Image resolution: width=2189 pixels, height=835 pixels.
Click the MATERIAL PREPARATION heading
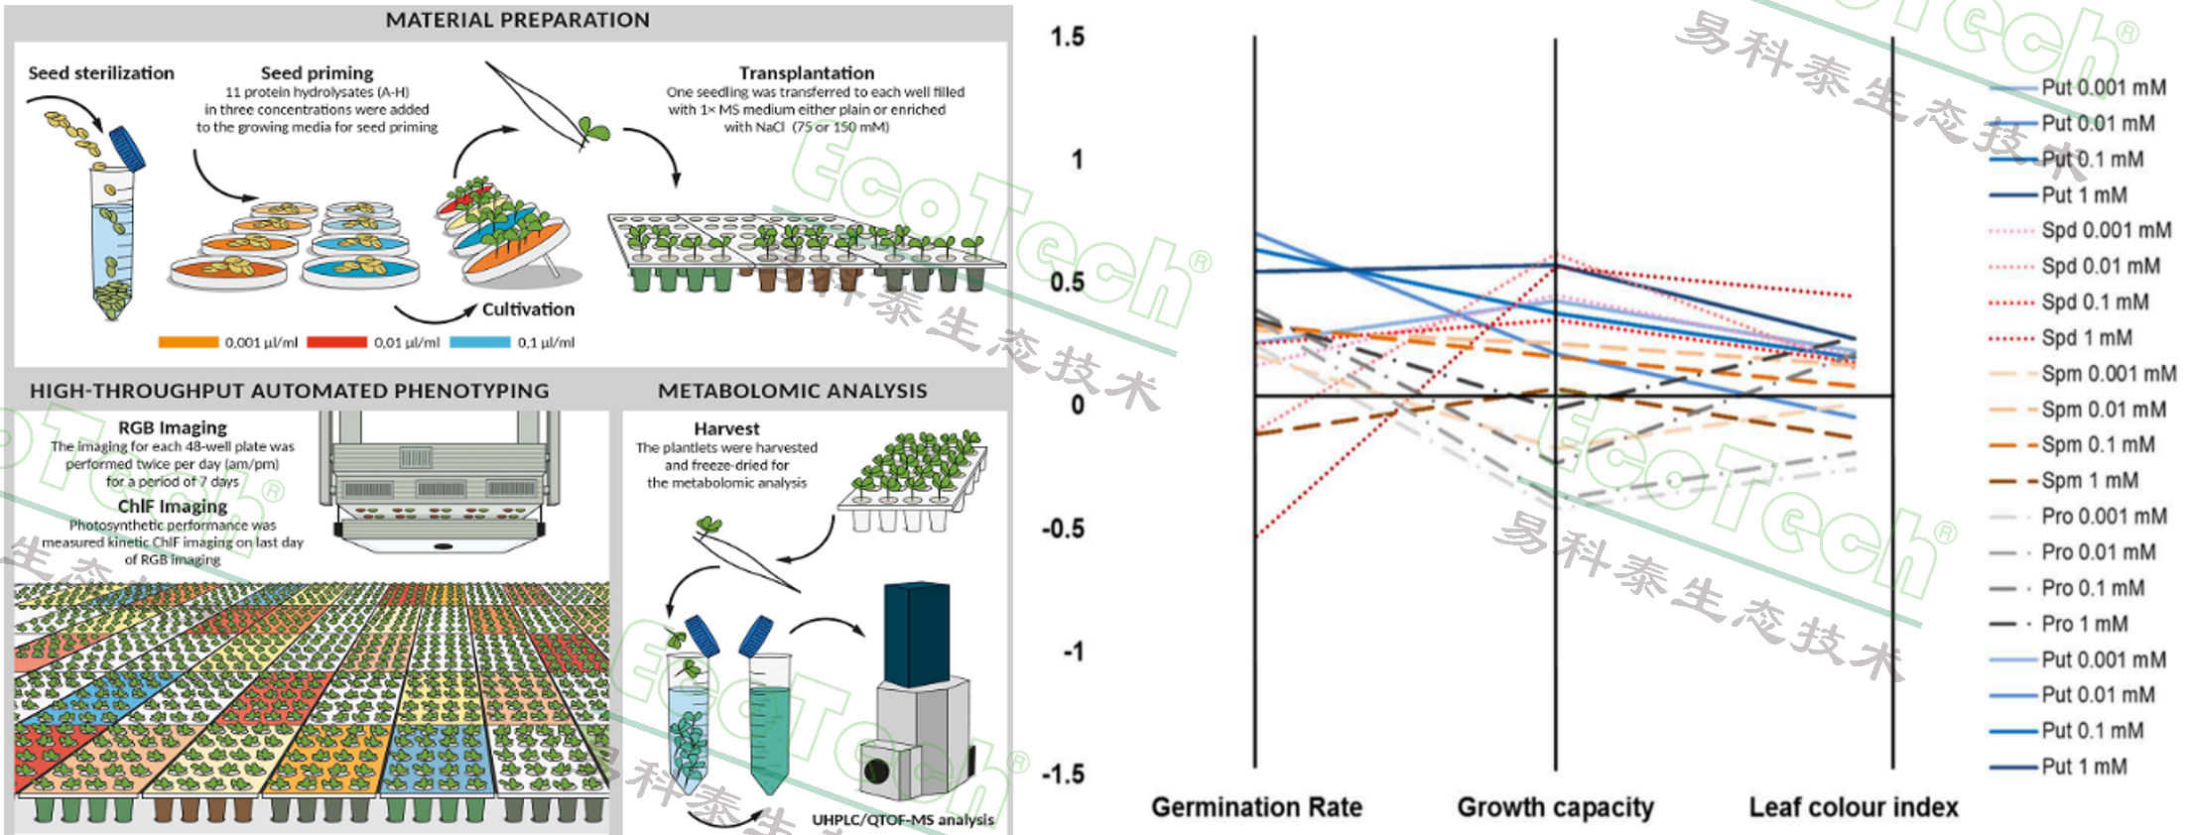(x=517, y=20)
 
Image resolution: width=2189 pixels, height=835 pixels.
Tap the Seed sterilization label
(x=101, y=73)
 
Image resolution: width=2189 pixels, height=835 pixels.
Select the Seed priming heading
(x=317, y=73)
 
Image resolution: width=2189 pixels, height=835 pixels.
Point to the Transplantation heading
(x=806, y=73)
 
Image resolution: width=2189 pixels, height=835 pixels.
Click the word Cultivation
(x=528, y=309)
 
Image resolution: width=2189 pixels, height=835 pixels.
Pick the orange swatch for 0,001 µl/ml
(x=189, y=342)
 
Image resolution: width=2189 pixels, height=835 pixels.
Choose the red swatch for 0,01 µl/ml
(x=336, y=342)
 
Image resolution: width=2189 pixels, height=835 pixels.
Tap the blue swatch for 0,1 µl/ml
(x=480, y=342)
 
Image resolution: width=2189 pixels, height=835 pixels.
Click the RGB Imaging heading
(x=173, y=427)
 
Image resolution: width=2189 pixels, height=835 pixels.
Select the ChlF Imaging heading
(x=173, y=506)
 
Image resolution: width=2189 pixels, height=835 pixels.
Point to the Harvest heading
(x=726, y=428)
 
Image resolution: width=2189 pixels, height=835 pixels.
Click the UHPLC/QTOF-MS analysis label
(x=903, y=820)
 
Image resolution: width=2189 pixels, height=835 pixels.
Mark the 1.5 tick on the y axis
(x=1068, y=38)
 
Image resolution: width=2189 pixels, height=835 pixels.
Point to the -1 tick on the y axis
(x=1072, y=652)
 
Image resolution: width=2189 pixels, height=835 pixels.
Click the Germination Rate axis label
(x=1256, y=807)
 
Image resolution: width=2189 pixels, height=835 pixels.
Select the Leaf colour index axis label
(x=1854, y=807)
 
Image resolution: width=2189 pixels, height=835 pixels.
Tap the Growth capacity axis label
(x=1555, y=807)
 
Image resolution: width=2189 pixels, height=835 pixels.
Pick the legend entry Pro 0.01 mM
(x=2098, y=552)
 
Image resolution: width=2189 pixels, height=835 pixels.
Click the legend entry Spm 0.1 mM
(x=2097, y=445)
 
